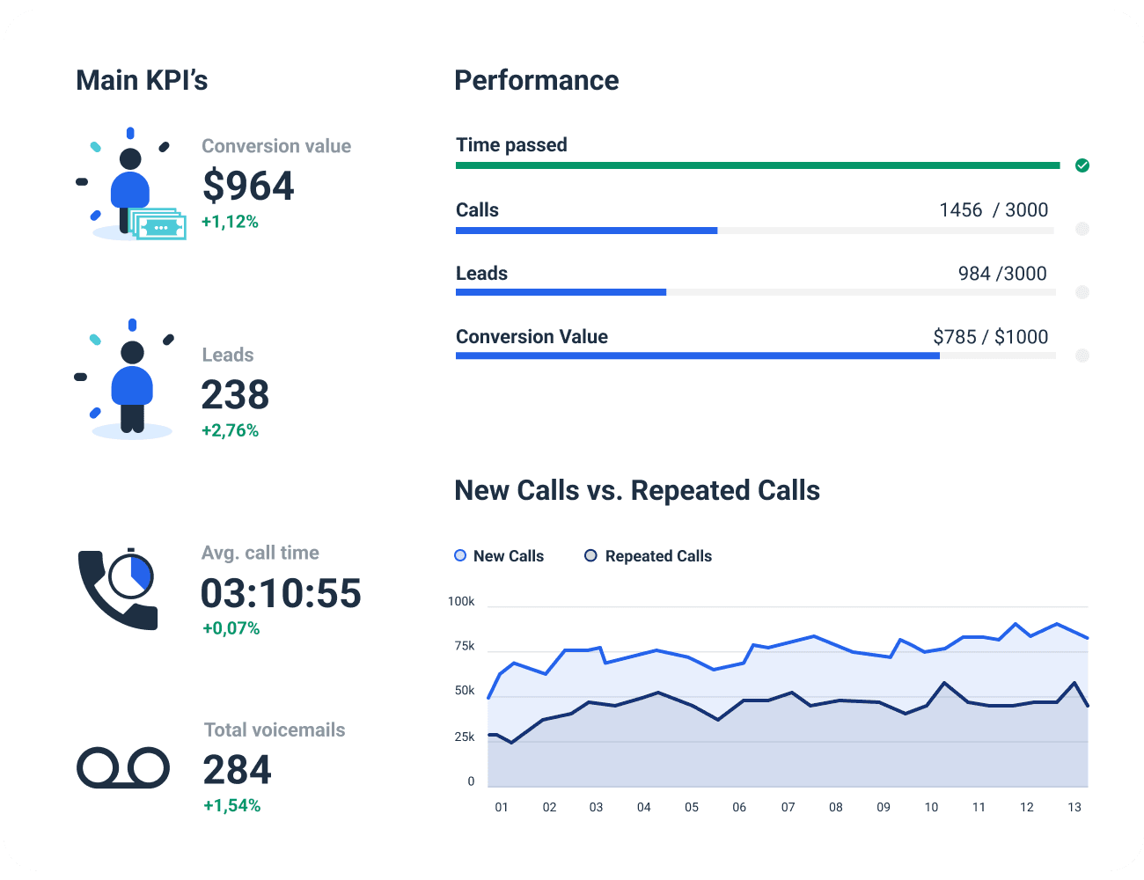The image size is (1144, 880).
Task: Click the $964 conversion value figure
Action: (x=248, y=186)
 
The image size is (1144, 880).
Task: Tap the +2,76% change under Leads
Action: (x=230, y=430)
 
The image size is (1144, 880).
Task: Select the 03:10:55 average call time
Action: (x=281, y=593)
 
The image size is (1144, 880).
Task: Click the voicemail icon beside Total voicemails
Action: (x=123, y=768)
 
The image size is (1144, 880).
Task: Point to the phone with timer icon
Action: (x=118, y=589)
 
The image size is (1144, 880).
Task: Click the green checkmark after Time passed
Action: (x=1082, y=165)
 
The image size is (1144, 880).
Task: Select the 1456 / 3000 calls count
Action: (x=994, y=209)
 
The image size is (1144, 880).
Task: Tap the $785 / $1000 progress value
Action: (x=990, y=336)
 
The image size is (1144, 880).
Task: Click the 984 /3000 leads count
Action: (x=1002, y=273)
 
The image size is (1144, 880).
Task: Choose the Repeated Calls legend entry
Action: (x=649, y=556)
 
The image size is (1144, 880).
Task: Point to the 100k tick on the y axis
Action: (x=461, y=601)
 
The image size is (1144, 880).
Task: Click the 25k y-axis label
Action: (x=464, y=737)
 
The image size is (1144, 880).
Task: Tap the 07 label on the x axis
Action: (x=788, y=807)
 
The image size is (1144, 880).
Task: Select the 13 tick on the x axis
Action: (x=1074, y=807)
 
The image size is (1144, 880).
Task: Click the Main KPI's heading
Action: (x=142, y=80)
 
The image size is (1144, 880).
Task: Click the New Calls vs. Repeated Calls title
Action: (x=637, y=490)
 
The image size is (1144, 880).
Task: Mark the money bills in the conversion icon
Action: (x=159, y=225)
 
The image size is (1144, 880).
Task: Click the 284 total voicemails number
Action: (x=237, y=770)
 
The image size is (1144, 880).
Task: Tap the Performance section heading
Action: (x=536, y=80)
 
